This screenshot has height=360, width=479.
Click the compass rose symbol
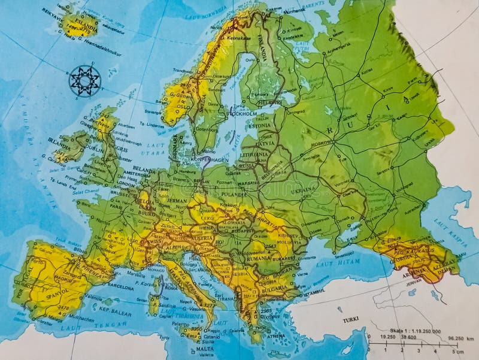pos(84,80)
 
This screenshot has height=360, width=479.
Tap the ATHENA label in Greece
pos(274,336)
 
